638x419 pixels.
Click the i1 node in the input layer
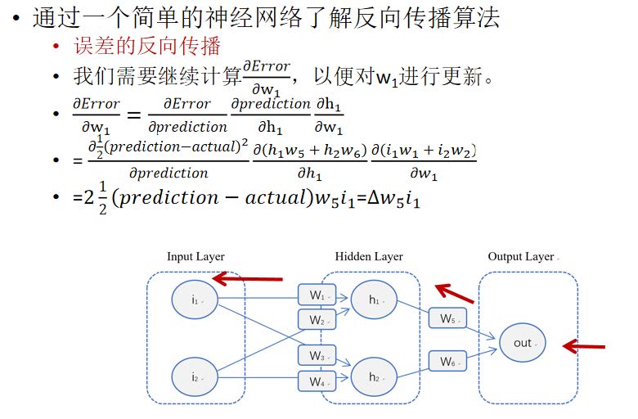(x=195, y=300)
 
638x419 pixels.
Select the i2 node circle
(x=195, y=376)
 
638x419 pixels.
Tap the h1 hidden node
(x=374, y=300)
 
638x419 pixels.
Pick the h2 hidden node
(x=374, y=376)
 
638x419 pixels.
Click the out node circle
(x=522, y=343)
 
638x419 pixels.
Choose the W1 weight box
(x=317, y=295)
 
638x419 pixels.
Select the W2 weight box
(x=317, y=319)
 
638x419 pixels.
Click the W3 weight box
(x=317, y=356)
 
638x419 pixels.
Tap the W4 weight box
(x=317, y=381)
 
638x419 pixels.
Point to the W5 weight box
(x=447, y=318)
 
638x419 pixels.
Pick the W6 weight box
(x=447, y=361)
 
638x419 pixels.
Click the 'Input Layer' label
(x=195, y=257)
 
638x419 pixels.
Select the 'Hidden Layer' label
(x=369, y=257)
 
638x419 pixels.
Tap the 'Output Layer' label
(x=521, y=257)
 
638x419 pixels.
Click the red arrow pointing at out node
(x=584, y=347)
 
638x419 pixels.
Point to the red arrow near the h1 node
(x=455, y=291)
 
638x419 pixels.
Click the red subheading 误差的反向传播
(x=147, y=46)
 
